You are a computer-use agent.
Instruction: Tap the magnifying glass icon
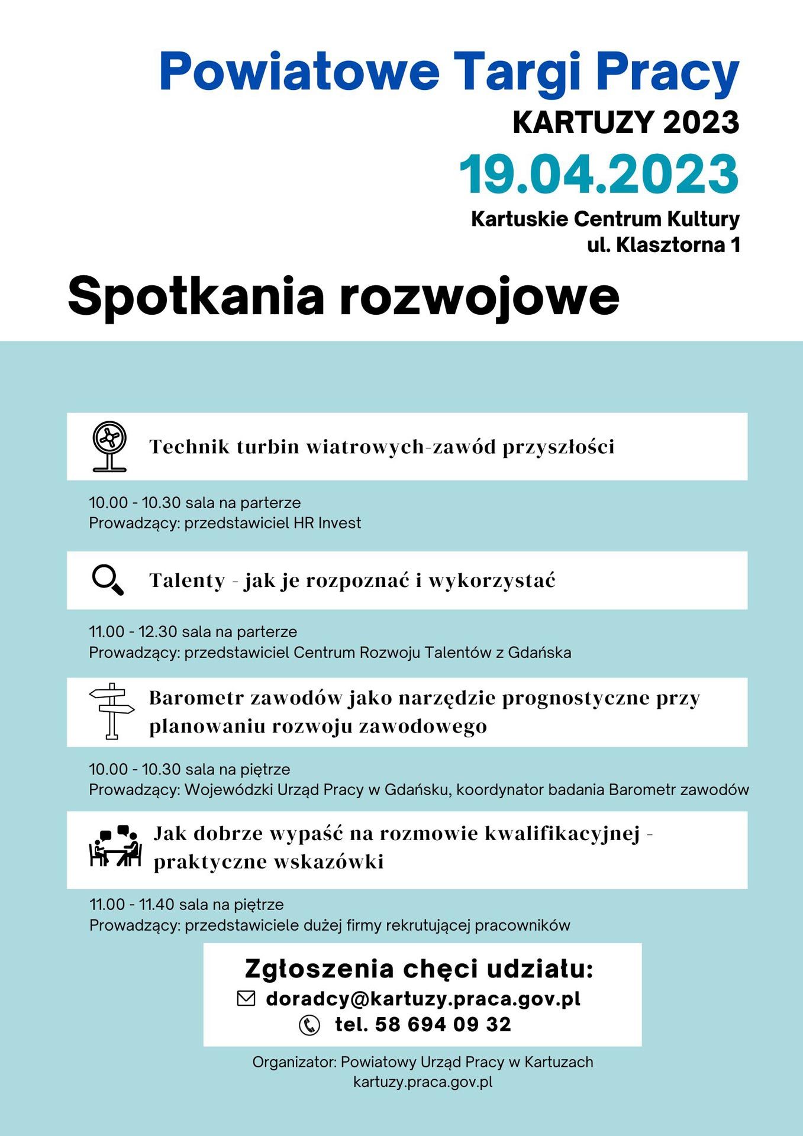[108, 580]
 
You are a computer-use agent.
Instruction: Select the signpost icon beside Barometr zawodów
[112, 711]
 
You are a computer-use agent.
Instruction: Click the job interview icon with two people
[116, 847]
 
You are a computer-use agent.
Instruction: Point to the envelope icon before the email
[246, 999]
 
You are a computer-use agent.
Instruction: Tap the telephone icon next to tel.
[309, 1025]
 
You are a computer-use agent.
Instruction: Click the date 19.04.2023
[599, 175]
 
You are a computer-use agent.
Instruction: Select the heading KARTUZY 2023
[625, 122]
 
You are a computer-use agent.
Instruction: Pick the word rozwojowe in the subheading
[479, 296]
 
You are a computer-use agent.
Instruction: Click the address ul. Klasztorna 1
[663, 245]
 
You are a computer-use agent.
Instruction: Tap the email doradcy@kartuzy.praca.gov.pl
[423, 999]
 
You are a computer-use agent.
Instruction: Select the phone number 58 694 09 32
[443, 1025]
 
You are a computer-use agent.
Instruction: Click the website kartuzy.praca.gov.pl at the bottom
[423, 1082]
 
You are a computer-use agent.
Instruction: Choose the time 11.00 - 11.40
[132, 904]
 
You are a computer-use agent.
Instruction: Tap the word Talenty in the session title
[187, 580]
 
